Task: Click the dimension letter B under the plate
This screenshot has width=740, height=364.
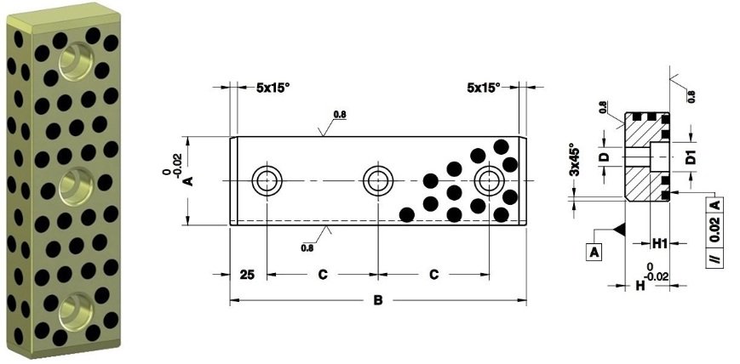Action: (x=378, y=299)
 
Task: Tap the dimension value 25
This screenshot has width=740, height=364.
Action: (x=248, y=275)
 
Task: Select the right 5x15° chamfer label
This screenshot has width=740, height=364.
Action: (x=483, y=87)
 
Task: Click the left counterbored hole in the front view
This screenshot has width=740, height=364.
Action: (x=267, y=180)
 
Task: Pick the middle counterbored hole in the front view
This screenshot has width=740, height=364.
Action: (x=377, y=180)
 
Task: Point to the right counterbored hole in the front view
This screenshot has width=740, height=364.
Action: (x=489, y=180)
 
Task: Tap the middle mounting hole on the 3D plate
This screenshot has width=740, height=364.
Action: (x=72, y=181)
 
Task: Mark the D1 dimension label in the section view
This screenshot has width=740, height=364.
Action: (x=692, y=156)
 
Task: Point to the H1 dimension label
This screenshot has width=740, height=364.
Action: (x=659, y=243)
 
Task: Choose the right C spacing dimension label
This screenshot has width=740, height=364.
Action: (x=433, y=275)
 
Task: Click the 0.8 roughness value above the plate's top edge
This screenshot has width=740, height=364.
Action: (x=338, y=114)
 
